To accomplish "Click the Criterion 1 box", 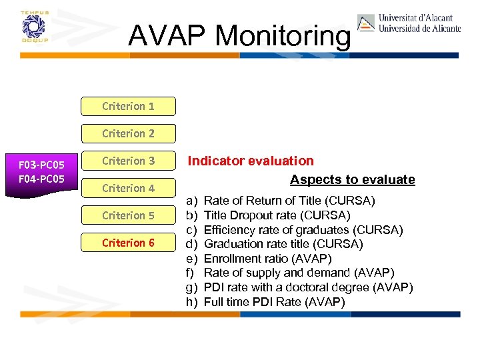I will (x=128, y=106).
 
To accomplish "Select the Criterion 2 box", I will (x=128, y=133).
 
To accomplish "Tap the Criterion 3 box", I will (x=128, y=161).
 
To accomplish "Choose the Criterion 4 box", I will (x=128, y=188).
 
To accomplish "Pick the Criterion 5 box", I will (x=128, y=215).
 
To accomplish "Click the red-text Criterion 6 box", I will (x=128, y=243).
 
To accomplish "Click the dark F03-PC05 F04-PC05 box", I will (x=41, y=171).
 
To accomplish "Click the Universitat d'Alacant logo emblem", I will (x=366, y=23).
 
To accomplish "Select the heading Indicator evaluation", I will (x=250, y=161).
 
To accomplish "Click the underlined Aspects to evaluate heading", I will (x=352, y=180).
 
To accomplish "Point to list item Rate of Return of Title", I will (x=289, y=201).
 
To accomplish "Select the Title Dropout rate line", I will (x=277, y=215).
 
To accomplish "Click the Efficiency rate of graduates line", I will (x=303, y=230).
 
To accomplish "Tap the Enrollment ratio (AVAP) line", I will (x=267, y=259).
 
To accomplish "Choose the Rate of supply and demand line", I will (x=299, y=273).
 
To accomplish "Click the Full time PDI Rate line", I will (x=274, y=302).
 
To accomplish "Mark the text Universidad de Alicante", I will (x=419, y=29).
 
